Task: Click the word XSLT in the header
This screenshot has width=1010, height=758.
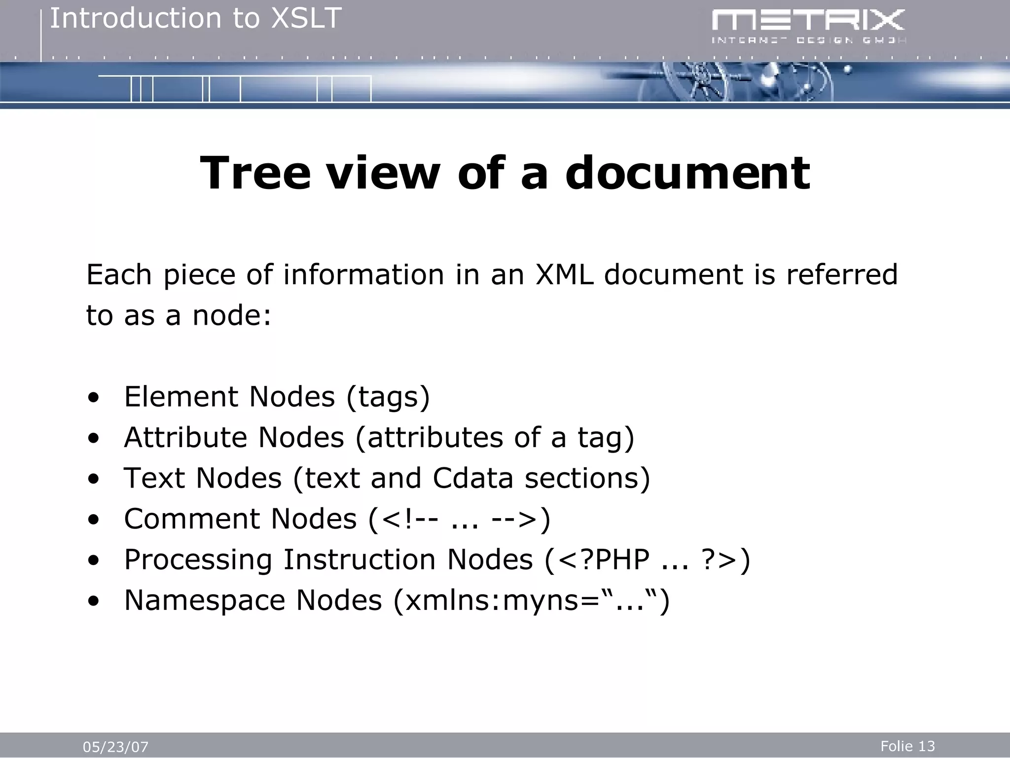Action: tap(307, 19)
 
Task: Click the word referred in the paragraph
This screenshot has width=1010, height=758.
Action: tap(841, 274)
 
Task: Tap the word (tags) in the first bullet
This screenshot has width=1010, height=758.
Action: tap(388, 397)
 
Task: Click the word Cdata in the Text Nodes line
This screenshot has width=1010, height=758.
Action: tap(473, 478)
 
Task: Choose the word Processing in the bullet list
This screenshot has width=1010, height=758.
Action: tap(198, 560)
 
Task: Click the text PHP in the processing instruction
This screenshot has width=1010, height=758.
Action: tap(622, 560)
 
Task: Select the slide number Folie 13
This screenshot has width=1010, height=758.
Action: tap(907, 746)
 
